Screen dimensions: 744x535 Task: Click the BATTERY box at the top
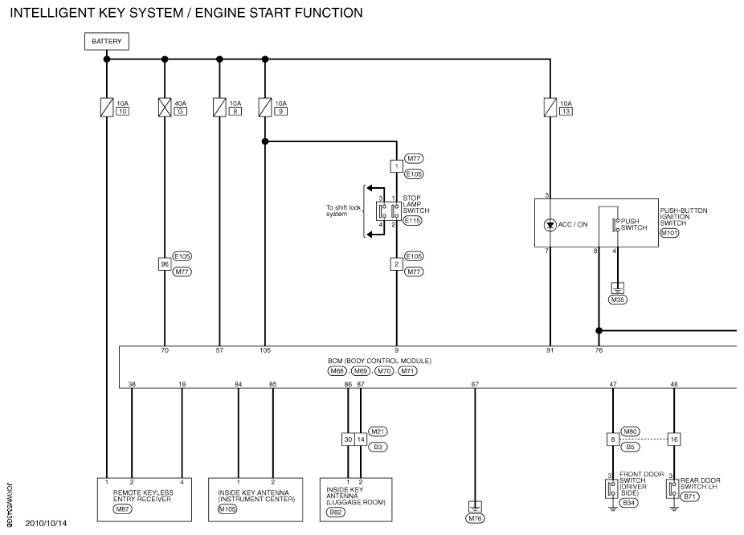[x=107, y=41]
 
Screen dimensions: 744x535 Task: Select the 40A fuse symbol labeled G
[x=165, y=107]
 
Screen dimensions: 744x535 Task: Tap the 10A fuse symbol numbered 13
[x=550, y=107]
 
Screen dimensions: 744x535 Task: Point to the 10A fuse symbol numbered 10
[x=107, y=107]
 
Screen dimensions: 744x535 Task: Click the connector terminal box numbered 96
[x=165, y=264]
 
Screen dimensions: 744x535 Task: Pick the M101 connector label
[x=669, y=233]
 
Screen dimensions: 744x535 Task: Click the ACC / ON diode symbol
[x=550, y=225]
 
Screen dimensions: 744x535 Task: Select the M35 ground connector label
[x=617, y=300]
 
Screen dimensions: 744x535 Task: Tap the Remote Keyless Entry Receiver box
[x=145, y=500]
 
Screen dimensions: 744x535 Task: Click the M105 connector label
[x=227, y=509]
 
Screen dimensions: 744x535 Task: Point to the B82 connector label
[x=336, y=513]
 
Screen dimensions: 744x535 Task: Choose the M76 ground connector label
[x=475, y=518]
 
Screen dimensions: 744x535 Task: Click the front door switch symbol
[x=611, y=488]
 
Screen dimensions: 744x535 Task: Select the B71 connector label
[x=689, y=496]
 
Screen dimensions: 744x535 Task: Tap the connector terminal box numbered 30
[x=348, y=439]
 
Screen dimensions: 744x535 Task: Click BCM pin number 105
[x=265, y=350]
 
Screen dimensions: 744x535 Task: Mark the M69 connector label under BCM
[x=361, y=371]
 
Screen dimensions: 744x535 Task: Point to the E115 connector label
[x=412, y=221]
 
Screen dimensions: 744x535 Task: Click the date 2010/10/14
[x=46, y=524]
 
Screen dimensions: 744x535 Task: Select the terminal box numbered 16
[x=674, y=439]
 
